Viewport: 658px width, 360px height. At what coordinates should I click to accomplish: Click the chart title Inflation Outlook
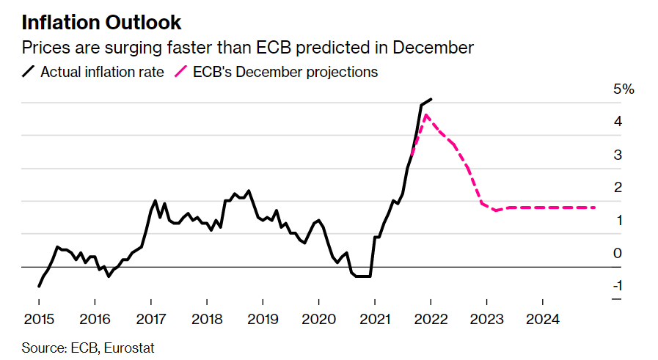click(102, 22)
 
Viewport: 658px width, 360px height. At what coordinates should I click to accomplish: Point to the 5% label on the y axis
click(624, 89)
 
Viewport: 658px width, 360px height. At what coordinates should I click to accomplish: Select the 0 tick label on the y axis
click(618, 253)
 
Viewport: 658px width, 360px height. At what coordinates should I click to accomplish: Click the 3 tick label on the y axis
click(618, 155)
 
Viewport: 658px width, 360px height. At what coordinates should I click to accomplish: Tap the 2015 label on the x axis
click(38, 320)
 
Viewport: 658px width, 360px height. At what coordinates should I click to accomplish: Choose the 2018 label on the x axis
click(206, 320)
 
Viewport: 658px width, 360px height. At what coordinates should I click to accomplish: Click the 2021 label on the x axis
click(374, 320)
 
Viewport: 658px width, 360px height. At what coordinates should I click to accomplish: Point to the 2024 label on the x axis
click(542, 320)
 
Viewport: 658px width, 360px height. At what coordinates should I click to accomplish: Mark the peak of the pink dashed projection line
click(426, 114)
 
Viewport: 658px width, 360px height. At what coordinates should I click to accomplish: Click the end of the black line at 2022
click(431, 99)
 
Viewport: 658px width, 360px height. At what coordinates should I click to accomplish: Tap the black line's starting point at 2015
click(39, 286)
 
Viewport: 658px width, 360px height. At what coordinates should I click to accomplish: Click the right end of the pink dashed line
click(595, 207)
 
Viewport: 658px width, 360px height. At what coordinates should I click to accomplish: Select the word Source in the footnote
click(41, 347)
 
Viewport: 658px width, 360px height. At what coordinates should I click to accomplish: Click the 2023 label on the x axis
click(486, 320)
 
